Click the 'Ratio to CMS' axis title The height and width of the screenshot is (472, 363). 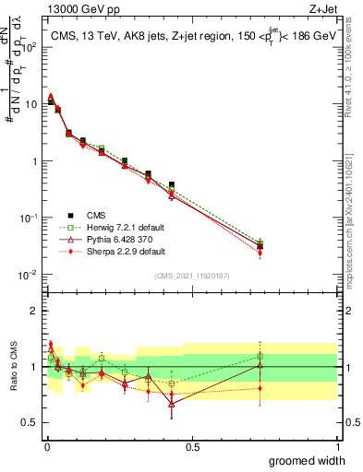(x=14, y=367)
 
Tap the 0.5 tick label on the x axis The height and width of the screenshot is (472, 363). (x=192, y=447)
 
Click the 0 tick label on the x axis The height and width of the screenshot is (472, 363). (x=46, y=447)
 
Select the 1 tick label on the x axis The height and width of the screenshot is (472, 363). (x=337, y=447)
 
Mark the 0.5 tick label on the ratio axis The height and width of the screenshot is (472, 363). (x=29, y=424)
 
